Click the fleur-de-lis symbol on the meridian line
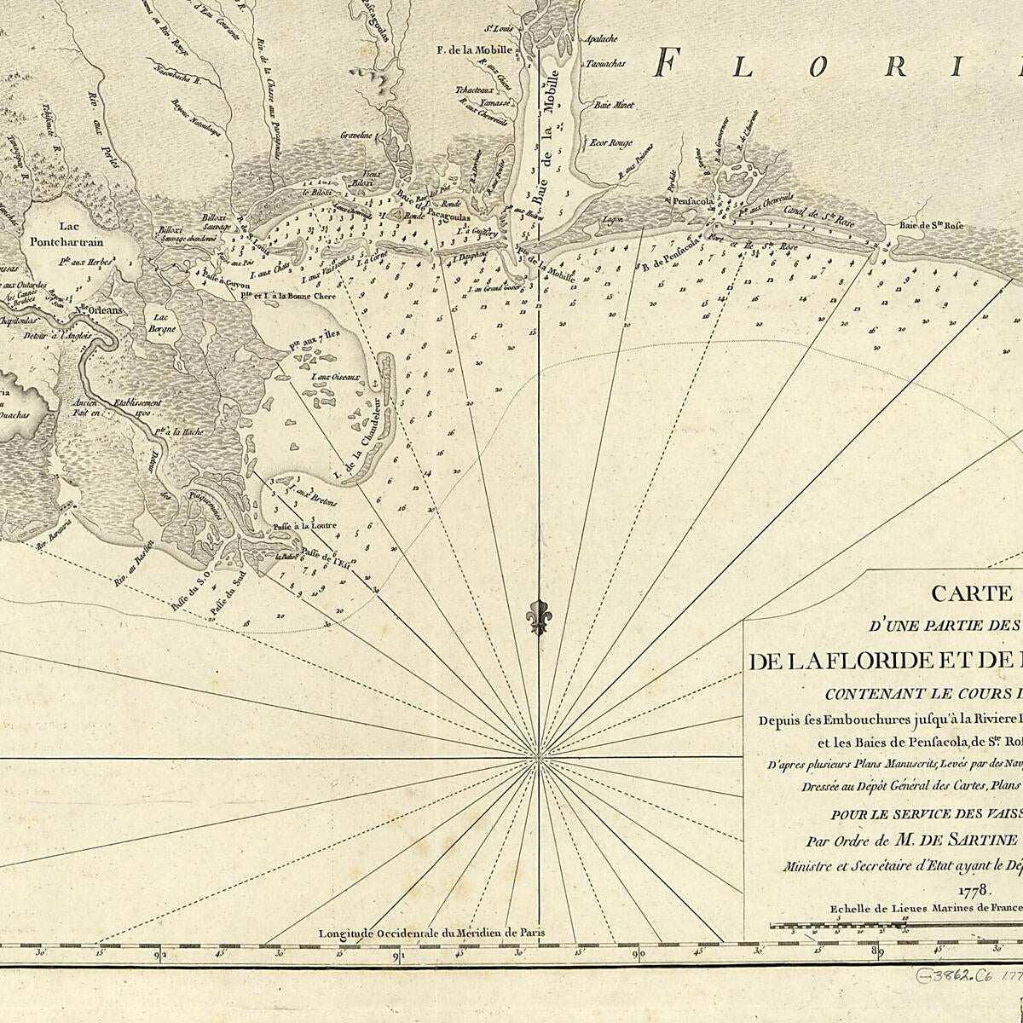[x=536, y=616]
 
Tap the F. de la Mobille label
[x=474, y=49]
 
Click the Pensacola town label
[x=693, y=202]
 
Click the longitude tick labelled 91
[x=398, y=955]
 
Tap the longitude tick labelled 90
[x=639, y=955]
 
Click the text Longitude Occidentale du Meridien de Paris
[x=431, y=932]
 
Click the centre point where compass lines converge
[x=536, y=756]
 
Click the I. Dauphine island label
[x=470, y=254]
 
